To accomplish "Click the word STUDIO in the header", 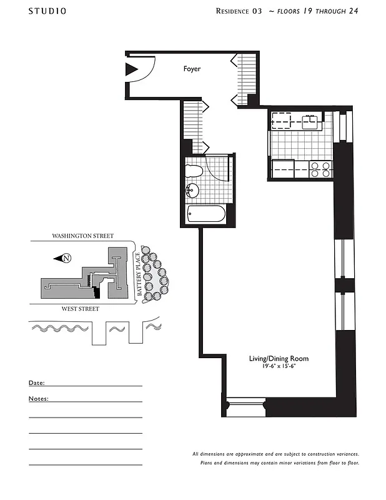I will point(47,11).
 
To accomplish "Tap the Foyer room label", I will point(192,69).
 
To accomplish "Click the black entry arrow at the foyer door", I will point(131,69).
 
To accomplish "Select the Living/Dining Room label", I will point(279,359).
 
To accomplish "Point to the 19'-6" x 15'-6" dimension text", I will point(279,366).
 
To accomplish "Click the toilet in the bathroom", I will point(194,171).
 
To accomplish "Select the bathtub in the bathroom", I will point(206,214).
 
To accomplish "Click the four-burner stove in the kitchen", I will point(320,169).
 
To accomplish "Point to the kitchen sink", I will point(309,121).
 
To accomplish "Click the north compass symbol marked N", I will point(67,258).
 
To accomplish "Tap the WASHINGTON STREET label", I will point(82,236).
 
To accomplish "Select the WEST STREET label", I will point(80,309).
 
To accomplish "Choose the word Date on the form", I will point(36,382).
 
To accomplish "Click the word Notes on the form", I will point(38,398).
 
